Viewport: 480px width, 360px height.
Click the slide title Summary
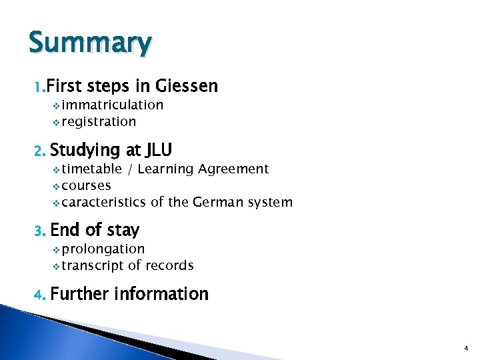click(90, 43)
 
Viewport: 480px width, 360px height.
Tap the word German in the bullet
click(219, 202)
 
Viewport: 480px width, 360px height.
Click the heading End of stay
click(95, 230)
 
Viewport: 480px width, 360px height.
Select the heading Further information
click(129, 294)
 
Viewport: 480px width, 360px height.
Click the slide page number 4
click(466, 348)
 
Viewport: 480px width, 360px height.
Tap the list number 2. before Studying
click(39, 150)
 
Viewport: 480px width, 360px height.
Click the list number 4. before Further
click(39, 295)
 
